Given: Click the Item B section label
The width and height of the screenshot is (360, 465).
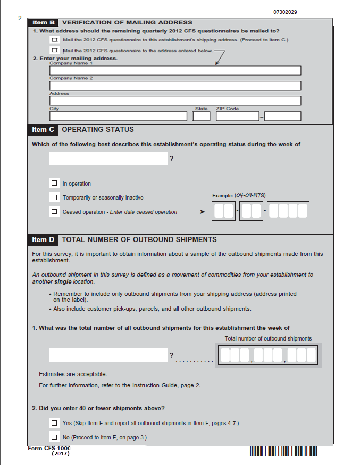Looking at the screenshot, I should (x=44, y=23).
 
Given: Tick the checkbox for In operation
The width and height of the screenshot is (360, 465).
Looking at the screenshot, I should (x=54, y=184).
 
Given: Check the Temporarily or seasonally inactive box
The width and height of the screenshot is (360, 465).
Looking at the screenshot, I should (x=54, y=197).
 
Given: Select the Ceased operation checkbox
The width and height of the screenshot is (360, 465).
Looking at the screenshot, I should (x=54, y=211).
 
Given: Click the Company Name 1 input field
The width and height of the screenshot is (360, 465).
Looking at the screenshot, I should (x=175, y=71).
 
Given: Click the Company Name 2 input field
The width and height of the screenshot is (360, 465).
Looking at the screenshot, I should (x=175, y=86).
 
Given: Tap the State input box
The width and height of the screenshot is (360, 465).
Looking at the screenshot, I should (x=202, y=116).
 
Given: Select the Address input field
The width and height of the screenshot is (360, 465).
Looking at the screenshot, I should (x=175, y=101).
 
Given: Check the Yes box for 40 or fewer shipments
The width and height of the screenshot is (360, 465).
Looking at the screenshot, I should (x=54, y=423).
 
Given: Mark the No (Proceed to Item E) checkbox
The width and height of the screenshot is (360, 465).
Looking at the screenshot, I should (x=54, y=437).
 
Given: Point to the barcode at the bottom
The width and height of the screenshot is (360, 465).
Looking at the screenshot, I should (x=283, y=452).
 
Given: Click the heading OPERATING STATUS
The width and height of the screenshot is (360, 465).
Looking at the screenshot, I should (x=98, y=129).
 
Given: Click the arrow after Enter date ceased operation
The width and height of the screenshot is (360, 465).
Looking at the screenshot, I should (x=192, y=212).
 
